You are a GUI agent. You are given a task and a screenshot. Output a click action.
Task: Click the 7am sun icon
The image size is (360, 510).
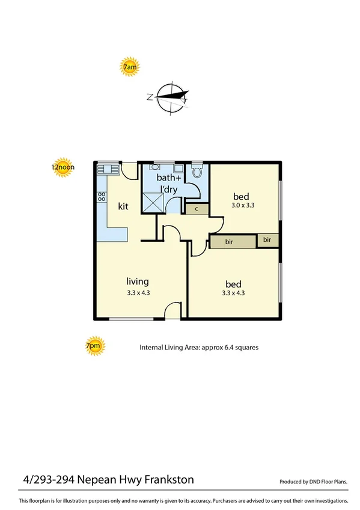pyautogui.click(x=130, y=67)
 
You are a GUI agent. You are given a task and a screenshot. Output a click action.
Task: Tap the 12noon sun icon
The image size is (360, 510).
pyautogui.click(x=62, y=168)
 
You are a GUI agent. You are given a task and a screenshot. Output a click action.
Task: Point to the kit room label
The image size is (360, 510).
pyautogui.click(x=123, y=206)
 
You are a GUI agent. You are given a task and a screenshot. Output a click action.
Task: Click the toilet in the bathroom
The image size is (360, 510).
pyautogui.click(x=197, y=171)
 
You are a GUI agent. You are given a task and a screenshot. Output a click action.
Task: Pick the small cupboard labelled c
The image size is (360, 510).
pyautogui.click(x=197, y=209)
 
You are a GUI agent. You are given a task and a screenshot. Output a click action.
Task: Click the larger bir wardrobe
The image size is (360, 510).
pyautogui.click(x=233, y=242)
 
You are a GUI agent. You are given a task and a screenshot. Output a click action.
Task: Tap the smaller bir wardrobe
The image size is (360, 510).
pyautogui.click(x=267, y=240)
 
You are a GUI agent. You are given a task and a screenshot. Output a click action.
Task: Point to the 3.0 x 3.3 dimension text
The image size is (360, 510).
pyautogui.click(x=243, y=206)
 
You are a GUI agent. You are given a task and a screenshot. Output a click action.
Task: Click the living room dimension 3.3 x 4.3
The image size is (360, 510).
pyautogui.click(x=138, y=293)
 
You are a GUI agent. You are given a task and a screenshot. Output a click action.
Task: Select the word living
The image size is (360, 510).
pyautogui.click(x=138, y=281)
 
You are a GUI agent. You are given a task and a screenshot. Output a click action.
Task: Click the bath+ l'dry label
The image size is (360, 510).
pyautogui.click(x=169, y=183)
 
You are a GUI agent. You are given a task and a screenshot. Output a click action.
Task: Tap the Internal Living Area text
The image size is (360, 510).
pyautogui.click(x=199, y=348)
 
